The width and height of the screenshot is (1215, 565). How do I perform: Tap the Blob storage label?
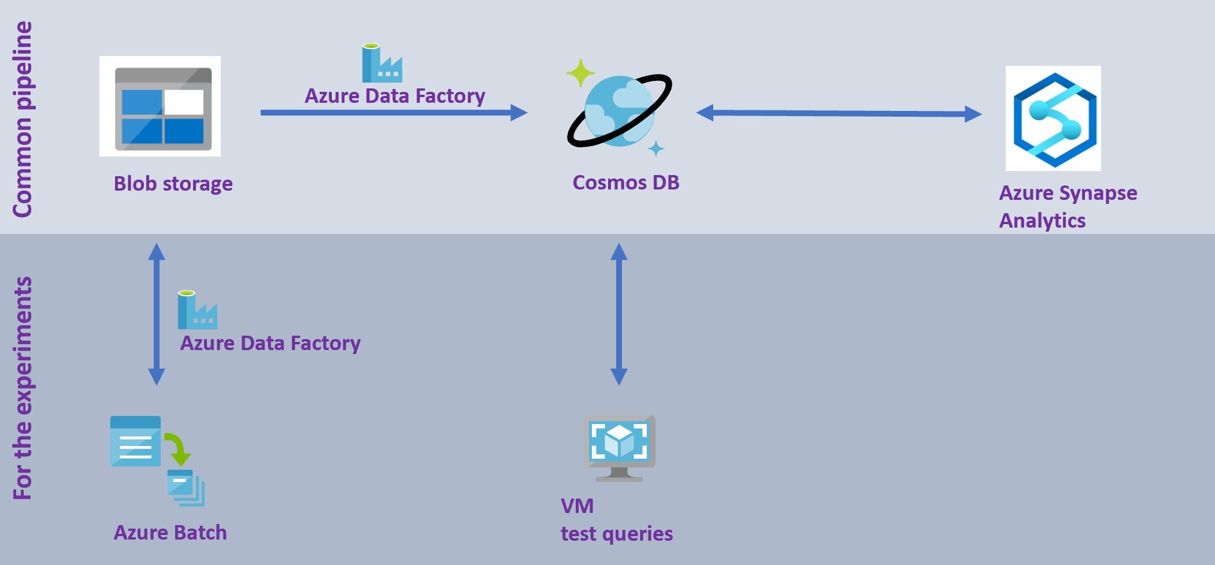click(x=173, y=184)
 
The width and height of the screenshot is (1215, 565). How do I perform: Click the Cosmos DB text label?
click(x=625, y=183)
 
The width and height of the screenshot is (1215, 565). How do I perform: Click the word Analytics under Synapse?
click(x=1042, y=221)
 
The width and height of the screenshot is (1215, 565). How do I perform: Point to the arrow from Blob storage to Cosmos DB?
click(x=393, y=113)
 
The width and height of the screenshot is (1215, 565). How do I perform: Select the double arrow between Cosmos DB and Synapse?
click(x=838, y=113)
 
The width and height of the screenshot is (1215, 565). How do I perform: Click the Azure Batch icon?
click(x=157, y=460)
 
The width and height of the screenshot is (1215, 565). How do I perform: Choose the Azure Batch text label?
click(x=170, y=533)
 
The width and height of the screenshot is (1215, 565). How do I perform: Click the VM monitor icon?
click(x=619, y=447)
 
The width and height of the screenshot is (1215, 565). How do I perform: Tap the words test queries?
click(x=616, y=534)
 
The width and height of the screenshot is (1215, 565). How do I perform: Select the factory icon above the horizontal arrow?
click(x=381, y=64)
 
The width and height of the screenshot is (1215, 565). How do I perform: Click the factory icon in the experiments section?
click(x=197, y=310)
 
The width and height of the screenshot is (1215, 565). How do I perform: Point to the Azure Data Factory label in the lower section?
click(x=270, y=343)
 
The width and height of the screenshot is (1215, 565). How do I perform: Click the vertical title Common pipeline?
click(x=23, y=119)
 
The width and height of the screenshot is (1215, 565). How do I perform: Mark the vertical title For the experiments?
click(x=23, y=388)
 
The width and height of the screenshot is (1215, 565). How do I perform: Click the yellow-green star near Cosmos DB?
click(x=580, y=73)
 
